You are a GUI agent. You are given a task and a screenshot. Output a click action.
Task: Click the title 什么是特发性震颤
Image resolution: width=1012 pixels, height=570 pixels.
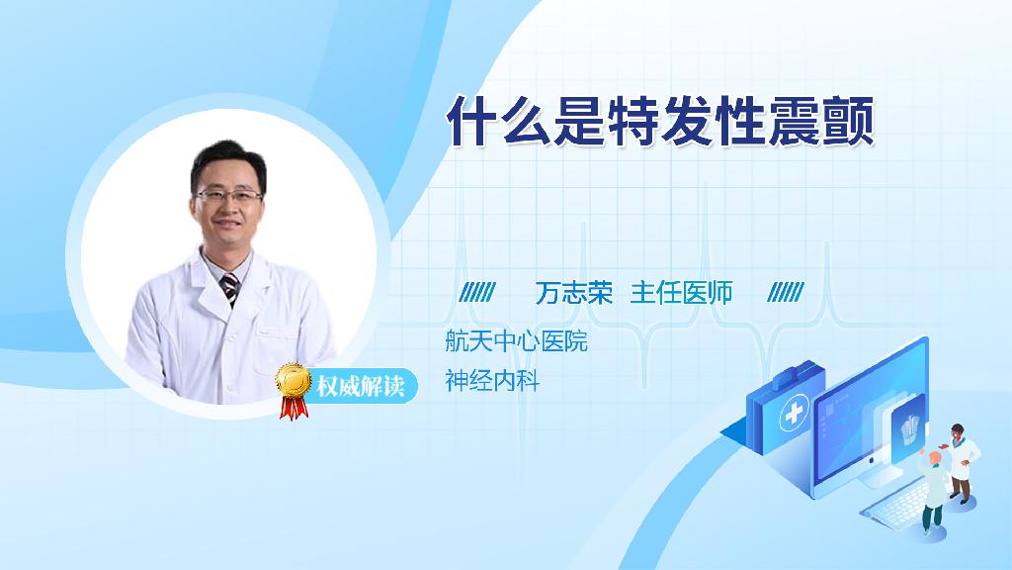coord(660,122)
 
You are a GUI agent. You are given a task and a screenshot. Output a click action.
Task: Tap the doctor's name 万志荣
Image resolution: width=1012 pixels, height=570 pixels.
coord(574,293)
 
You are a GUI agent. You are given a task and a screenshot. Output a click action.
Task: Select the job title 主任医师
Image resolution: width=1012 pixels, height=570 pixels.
coord(681,293)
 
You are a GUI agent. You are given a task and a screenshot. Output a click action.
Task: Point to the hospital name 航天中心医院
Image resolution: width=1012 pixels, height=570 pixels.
coord(516,340)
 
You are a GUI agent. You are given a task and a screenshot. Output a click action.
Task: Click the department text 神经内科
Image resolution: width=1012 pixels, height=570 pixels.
coord(492,381)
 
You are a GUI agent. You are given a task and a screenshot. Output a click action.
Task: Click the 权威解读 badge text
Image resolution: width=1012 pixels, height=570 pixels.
coord(360,387)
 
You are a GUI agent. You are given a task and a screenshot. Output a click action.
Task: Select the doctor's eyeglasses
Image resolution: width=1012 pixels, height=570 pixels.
coord(228,195)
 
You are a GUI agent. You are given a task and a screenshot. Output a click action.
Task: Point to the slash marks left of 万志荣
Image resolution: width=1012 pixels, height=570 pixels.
coord(477,292)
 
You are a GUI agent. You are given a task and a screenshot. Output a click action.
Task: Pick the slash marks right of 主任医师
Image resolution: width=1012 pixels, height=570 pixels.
coord(786,292)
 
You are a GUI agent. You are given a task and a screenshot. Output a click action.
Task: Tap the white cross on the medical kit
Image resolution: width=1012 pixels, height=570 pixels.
coord(794,413)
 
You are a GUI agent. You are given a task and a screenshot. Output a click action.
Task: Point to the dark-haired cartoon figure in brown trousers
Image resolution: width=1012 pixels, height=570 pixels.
coord(962,463)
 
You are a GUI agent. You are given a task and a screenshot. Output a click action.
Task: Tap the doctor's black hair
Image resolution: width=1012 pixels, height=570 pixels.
coord(227,161)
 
